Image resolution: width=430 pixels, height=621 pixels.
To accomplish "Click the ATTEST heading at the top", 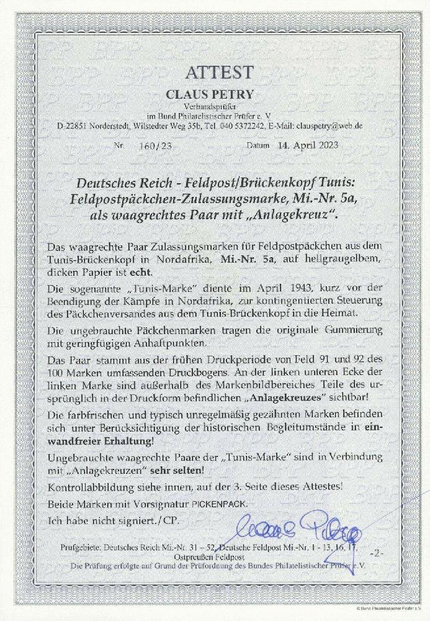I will click(x=215, y=73).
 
